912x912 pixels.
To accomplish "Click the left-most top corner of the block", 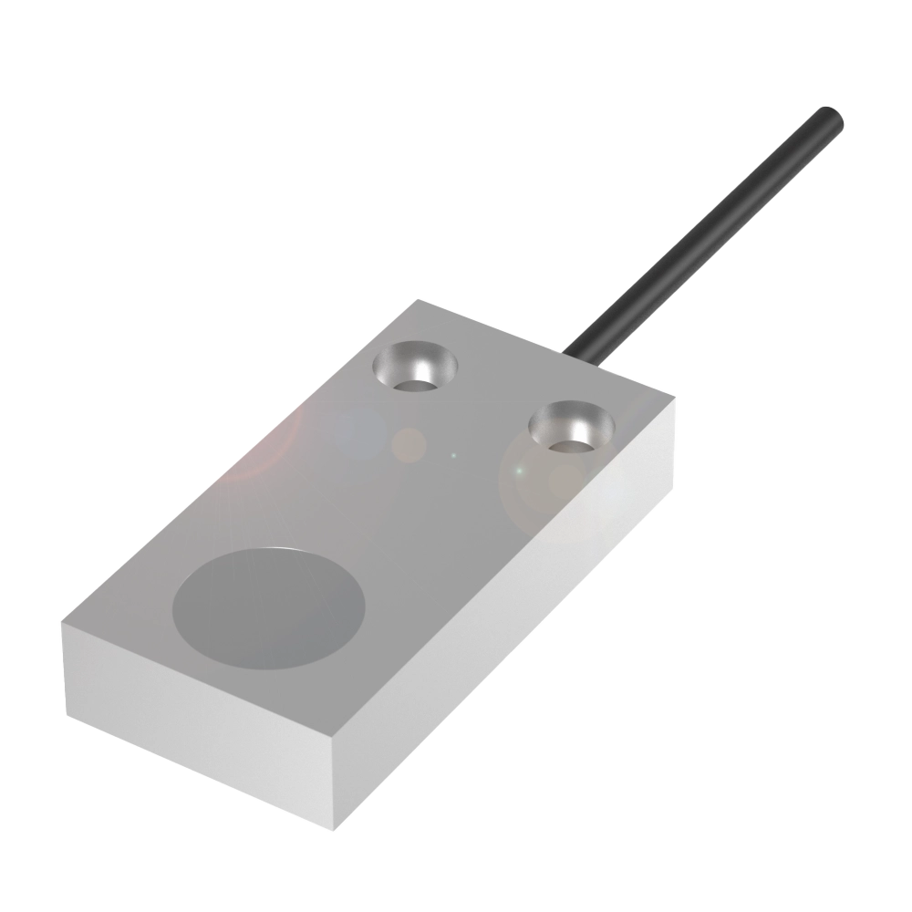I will pyautogui.click(x=62, y=625).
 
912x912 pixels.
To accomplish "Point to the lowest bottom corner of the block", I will pyautogui.click(x=339, y=830).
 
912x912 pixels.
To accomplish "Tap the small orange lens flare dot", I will pyautogui.click(x=409, y=445).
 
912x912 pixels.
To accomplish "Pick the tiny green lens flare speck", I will pyautogui.click(x=453, y=453).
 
